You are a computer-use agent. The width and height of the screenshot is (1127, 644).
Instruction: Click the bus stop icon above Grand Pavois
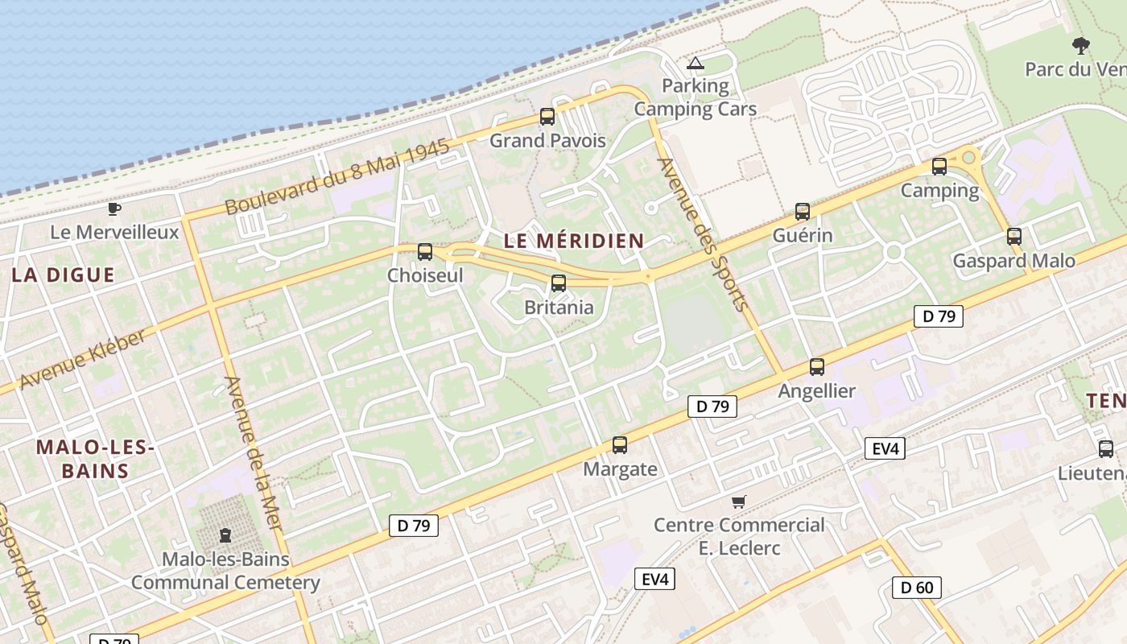547,117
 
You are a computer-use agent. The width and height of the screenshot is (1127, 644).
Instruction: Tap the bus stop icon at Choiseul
425,252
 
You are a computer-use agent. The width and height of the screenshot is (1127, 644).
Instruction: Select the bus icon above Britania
558,283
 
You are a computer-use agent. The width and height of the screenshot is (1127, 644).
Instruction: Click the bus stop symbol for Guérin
802,212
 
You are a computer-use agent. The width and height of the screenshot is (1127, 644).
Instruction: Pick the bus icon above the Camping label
939,167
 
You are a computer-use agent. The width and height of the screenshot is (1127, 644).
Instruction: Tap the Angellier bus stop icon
817,367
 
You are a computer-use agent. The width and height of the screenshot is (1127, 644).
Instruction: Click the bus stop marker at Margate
619,445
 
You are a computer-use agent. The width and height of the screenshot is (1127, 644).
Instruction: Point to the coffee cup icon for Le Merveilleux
114,209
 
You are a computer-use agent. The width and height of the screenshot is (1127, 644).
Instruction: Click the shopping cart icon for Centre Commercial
738,502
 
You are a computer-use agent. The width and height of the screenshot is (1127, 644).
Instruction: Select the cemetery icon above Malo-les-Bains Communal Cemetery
225,535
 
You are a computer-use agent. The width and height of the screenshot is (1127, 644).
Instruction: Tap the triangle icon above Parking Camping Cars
696,63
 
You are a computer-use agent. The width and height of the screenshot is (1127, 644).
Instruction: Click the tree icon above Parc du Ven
1080,45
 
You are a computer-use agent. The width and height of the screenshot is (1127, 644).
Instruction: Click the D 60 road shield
916,588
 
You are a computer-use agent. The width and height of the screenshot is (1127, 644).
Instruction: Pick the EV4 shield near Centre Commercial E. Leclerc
654,579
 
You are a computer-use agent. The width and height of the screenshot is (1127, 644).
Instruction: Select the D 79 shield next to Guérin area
939,316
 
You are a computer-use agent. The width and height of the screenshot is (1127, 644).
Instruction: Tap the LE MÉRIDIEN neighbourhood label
573,240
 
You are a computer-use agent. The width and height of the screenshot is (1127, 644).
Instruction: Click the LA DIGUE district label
63,275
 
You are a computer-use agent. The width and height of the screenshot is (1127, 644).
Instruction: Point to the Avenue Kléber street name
83,358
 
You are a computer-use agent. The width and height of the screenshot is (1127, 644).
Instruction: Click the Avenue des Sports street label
704,233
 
